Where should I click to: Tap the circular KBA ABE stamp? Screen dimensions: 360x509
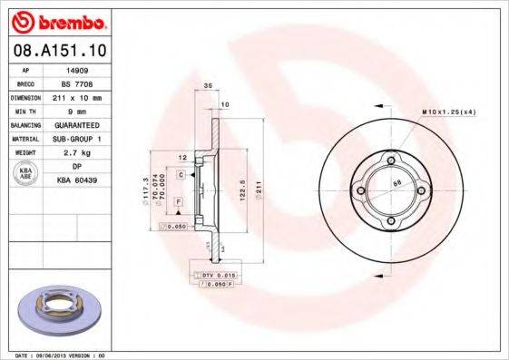tap(25, 173)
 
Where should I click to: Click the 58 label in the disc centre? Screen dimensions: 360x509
tap(396, 184)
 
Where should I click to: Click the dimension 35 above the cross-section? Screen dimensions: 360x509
tap(207, 85)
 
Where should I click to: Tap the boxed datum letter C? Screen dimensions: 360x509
tap(181, 173)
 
